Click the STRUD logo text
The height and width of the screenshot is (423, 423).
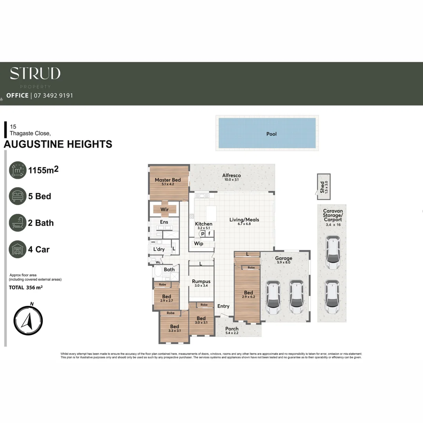pyautogui.click(x=35, y=73)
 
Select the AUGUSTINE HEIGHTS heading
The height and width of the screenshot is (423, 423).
pyautogui.click(x=58, y=144)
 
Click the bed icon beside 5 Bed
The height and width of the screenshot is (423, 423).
pyautogui.click(x=18, y=196)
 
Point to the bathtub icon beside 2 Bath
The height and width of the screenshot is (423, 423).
pyautogui.click(x=18, y=223)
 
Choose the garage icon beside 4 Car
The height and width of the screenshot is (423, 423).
pyautogui.click(x=18, y=249)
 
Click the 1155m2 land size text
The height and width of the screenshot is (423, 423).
pyautogui.click(x=43, y=170)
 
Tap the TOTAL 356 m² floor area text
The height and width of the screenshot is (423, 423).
pyautogui.click(x=26, y=287)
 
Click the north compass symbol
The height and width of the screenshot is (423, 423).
pyautogui.click(x=28, y=321)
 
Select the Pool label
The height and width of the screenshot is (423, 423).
pyautogui.click(x=271, y=134)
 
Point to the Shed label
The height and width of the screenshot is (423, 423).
pyautogui.click(x=322, y=185)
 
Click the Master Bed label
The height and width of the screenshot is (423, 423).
pyautogui.click(x=168, y=180)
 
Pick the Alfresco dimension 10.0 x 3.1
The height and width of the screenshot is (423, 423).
pyautogui.click(x=231, y=180)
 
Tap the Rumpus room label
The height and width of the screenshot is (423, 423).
pyautogui.click(x=201, y=281)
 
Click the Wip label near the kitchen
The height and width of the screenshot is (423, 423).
pyautogui.click(x=199, y=244)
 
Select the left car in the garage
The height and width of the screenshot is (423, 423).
pyautogui.click(x=273, y=297)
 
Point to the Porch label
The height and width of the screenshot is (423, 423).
pyautogui.click(x=232, y=329)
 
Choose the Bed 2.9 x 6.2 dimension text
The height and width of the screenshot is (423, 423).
pyautogui.click(x=248, y=297)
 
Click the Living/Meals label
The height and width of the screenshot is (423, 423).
pyautogui.click(x=244, y=220)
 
